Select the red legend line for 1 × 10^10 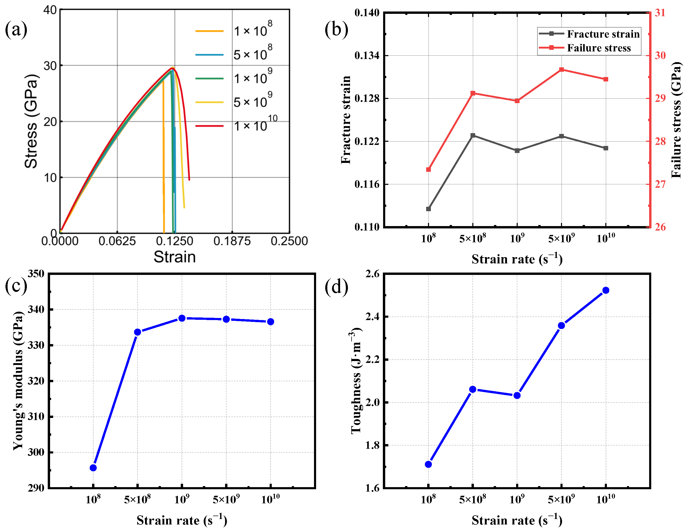coord(209,126)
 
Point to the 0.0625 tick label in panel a coord(117,241)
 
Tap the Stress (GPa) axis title coord(31,121)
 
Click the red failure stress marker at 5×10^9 coord(561,70)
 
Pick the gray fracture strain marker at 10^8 coord(429,209)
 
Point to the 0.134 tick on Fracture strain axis coord(367,56)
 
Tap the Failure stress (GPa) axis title coord(676,120)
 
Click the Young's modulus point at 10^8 coord(93,468)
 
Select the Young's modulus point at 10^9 coord(182,318)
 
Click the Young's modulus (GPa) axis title coord(18,381)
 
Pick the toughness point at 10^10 coord(606,290)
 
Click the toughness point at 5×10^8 coord(473,390)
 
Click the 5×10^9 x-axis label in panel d coord(561,500)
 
